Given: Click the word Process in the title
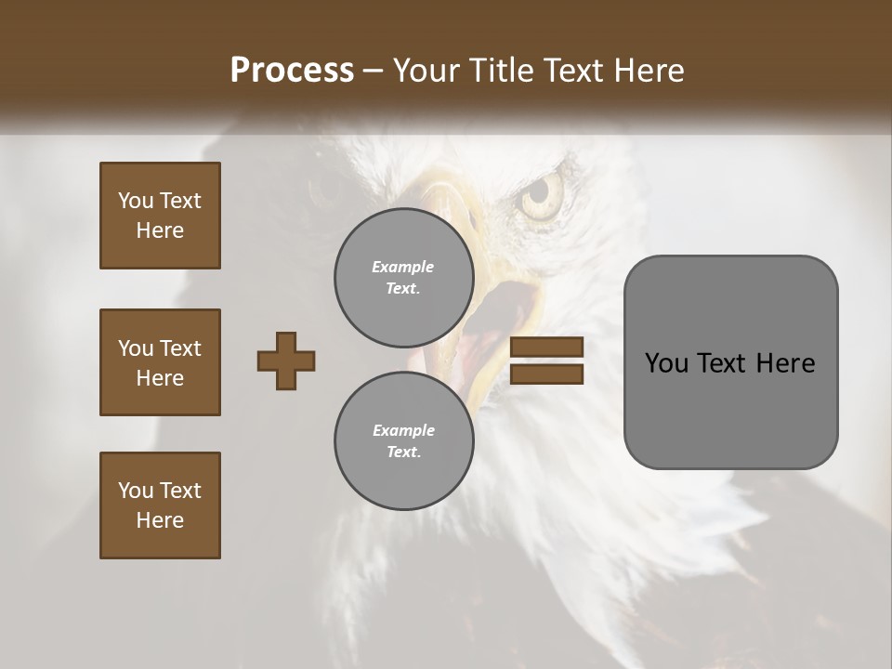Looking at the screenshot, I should tap(292, 71).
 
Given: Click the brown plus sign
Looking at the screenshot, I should tap(286, 361).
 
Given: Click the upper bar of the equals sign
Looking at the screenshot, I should tap(546, 347).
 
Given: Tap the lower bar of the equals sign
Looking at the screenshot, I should tap(546, 374).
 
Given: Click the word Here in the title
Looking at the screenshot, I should tap(649, 71).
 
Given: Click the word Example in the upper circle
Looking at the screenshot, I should tap(403, 267).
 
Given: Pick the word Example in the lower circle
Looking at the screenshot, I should tap(403, 430).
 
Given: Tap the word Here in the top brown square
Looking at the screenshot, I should tap(160, 230).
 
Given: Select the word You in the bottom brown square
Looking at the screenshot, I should tap(136, 491).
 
